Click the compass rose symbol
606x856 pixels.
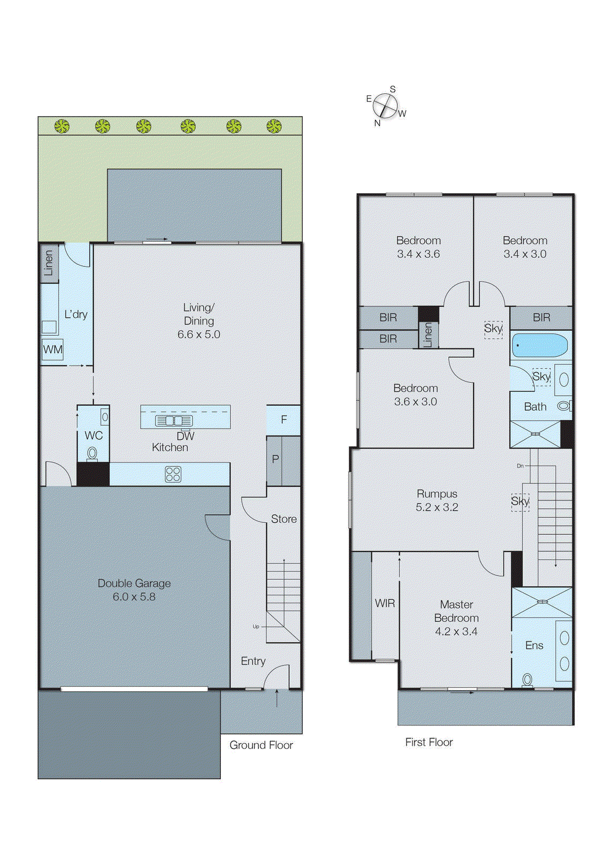coord(385,105)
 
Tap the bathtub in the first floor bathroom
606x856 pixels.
coord(539,346)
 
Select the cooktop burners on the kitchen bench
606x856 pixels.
coord(173,474)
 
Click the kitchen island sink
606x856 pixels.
coord(174,421)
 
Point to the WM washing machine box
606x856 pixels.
coord(52,349)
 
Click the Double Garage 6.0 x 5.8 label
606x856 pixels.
coord(134,590)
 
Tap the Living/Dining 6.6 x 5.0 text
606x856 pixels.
coord(198,320)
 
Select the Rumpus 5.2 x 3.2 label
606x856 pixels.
coord(437,500)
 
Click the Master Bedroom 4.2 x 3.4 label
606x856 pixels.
coord(456,617)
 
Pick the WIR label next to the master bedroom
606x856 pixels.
coord(385,603)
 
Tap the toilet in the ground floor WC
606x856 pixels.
coord(92,454)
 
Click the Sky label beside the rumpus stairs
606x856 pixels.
coord(520,501)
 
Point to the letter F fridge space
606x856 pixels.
coord(283,419)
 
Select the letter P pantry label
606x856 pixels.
coord(275,459)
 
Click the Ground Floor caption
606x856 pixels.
coord(261,745)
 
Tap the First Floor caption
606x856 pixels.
coord(428,742)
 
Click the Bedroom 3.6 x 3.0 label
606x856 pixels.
coord(416,394)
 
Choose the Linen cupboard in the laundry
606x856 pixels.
coord(49,263)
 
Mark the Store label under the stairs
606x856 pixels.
coord(283,519)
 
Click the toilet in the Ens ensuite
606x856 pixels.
coord(527,680)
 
